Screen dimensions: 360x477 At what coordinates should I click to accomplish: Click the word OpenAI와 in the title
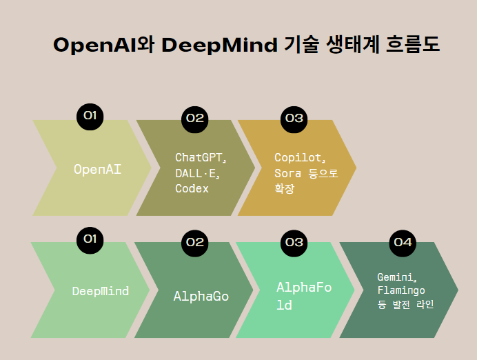click(x=103, y=46)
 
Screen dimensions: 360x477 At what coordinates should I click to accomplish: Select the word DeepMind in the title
click(x=220, y=46)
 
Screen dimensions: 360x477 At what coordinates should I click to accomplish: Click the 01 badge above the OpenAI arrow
click(x=90, y=116)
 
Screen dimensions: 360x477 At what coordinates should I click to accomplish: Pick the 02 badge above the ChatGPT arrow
click(x=194, y=118)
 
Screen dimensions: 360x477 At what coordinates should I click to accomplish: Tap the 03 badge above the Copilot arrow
click(x=294, y=118)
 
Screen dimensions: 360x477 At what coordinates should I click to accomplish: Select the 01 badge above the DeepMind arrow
click(x=90, y=239)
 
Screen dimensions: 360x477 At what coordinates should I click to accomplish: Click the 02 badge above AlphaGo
click(x=194, y=241)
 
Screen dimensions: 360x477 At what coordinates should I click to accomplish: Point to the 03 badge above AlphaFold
click(x=294, y=241)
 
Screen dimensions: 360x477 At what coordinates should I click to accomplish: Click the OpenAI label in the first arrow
click(x=97, y=168)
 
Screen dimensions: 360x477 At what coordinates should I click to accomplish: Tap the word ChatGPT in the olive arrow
click(x=199, y=157)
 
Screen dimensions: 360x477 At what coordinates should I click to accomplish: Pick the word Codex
click(x=192, y=188)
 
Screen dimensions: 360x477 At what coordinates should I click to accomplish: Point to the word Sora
click(x=287, y=173)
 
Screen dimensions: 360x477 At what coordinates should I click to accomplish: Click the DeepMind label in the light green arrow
click(x=100, y=291)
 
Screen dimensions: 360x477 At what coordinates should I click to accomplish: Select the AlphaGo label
click(x=201, y=297)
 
